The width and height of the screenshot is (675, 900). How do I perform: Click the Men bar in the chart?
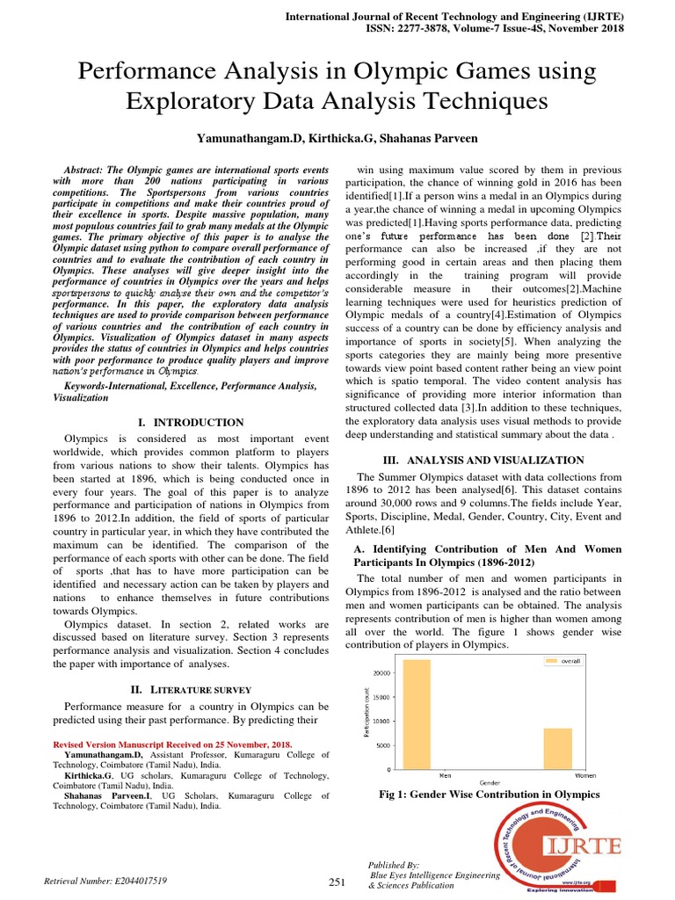coord(417,714)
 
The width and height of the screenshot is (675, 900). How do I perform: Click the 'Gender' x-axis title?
coord(490,783)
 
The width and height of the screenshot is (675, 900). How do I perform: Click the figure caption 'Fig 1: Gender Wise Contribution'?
coord(489,795)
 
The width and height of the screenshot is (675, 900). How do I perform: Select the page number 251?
coord(337,882)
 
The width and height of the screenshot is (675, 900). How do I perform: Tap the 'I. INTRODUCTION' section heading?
coord(191,423)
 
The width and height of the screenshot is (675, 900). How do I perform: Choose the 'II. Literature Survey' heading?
coord(191,690)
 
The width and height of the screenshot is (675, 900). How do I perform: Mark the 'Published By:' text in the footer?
coord(395,865)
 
